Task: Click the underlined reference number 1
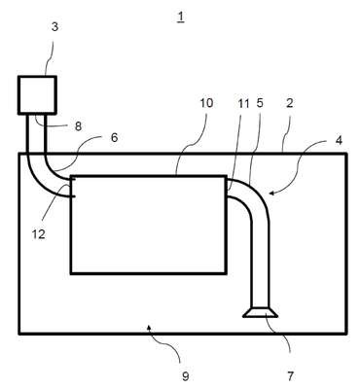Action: tap(181, 18)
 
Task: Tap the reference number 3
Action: tap(54, 27)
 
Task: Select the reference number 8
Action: tap(78, 126)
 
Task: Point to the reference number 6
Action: tap(114, 137)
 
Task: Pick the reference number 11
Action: tap(243, 104)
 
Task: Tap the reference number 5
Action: tap(260, 103)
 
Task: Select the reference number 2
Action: tap(290, 103)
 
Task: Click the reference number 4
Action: tap(339, 141)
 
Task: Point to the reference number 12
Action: tap(39, 234)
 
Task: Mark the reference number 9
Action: tap(185, 376)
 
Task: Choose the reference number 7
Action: tap(290, 376)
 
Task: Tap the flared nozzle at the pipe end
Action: tap(261, 312)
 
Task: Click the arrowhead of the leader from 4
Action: tap(271, 194)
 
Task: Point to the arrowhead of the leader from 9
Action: tap(149, 328)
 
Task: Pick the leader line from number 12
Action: tap(55, 205)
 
